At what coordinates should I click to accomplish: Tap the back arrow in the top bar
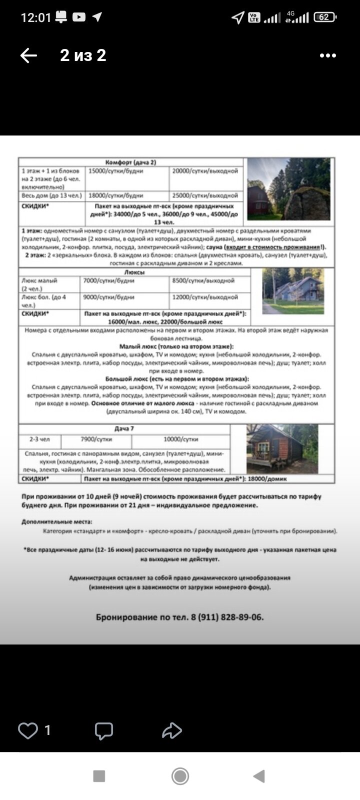click(x=28, y=55)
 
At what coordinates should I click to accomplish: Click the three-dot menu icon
click(x=327, y=55)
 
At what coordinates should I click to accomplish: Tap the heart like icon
click(x=28, y=730)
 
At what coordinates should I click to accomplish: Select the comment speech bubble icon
click(x=104, y=731)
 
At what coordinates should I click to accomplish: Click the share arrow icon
click(x=171, y=730)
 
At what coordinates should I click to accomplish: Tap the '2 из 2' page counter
click(x=83, y=55)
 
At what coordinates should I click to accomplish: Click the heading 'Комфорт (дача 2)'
click(x=131, y=162)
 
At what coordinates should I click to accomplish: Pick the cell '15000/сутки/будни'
click(x=116, y=171)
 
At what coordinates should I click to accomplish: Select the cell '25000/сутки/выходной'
click(x=205, y=195)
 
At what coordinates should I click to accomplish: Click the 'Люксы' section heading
click(x=134, y=272)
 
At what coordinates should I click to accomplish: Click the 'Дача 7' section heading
click(x=124, y=429)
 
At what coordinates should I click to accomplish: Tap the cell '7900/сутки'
click(x=96, y=439)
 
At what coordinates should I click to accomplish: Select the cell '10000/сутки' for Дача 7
click(x=181, y=439)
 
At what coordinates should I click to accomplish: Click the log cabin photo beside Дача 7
click(x=282, y=449)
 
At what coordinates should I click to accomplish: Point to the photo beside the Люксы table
click(x=293, y=291)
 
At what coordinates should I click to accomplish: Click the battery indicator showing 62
click(x=324, y=17)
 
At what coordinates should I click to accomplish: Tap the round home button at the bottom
click(x=180, y=776)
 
